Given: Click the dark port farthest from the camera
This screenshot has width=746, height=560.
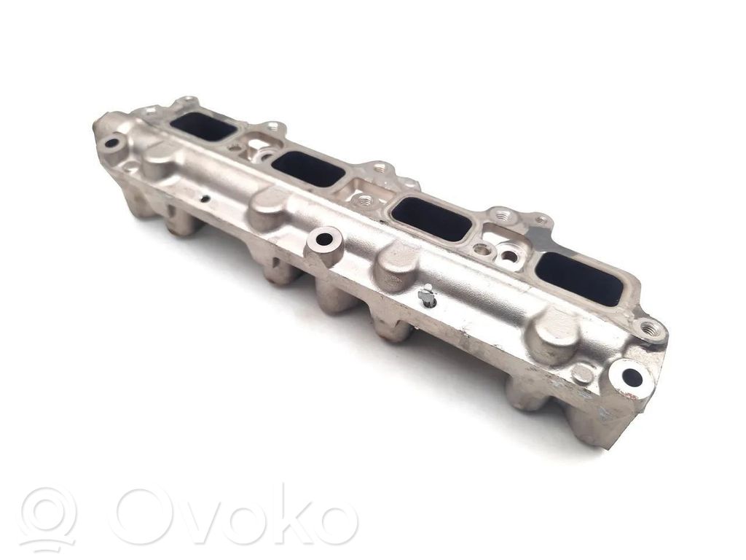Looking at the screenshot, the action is tap(204, 128).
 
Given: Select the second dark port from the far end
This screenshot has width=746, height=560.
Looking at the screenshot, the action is tap(308, 169).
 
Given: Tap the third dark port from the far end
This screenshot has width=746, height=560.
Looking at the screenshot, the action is tap(432, 218).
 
